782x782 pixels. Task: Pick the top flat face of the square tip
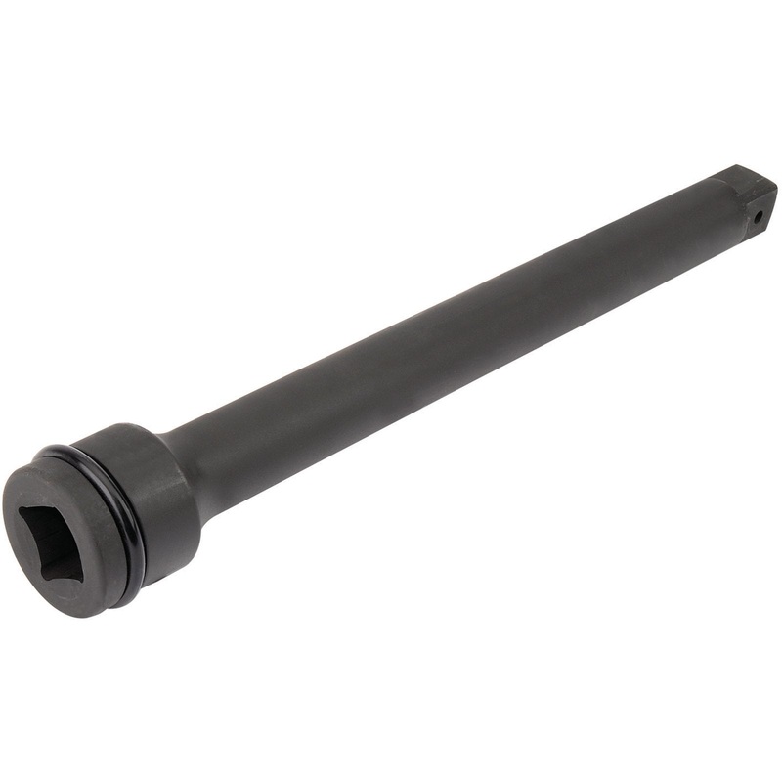pyautogui.click(x=748, y=176)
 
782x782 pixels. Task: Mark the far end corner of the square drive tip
pyautogui.click(x=775, y=186)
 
